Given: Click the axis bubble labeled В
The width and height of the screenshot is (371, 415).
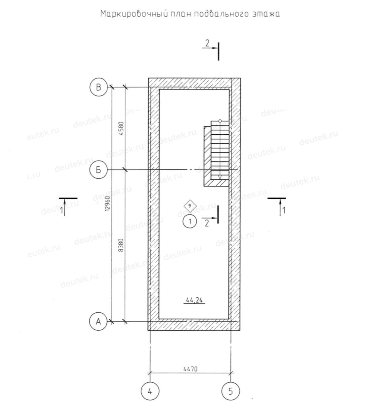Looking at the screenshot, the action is click(x=98, y=87).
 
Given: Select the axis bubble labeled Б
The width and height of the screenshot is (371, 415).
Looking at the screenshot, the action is click(x=98, y=170).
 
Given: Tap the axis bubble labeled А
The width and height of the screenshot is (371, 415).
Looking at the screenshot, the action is click(x=98, y=322).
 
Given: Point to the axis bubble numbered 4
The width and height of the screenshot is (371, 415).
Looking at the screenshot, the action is click(x=150, y=391).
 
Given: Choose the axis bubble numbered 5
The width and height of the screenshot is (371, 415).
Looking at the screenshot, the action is click(x=231, y=391).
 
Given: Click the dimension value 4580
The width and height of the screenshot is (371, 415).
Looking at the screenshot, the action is click(x=121, y=128).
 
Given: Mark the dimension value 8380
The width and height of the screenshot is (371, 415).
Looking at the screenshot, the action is click(x=121, y=245).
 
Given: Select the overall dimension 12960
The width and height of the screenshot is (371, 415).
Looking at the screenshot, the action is click(x=108, y=204).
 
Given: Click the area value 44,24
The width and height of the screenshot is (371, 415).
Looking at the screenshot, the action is click(x=194, y=300).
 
